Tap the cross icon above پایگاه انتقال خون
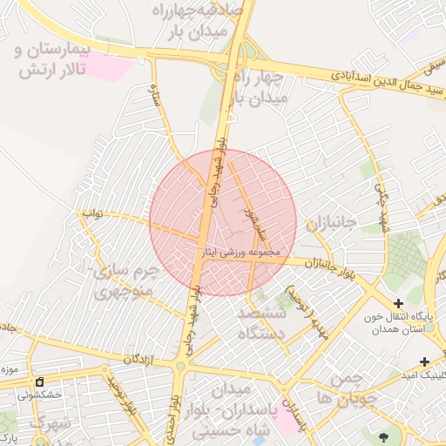pyautogui.click(x=399, y=303)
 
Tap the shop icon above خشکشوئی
pyautogui.click(x=40, y=382)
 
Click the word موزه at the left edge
pyautogui.click(x=10, y=370)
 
